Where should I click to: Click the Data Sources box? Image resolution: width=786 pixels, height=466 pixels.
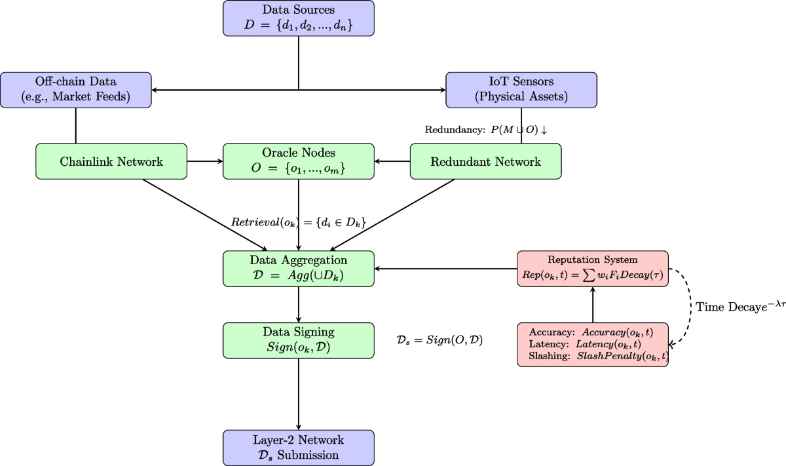[298, 18]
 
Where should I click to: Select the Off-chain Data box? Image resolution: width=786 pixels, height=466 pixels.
[75, 90]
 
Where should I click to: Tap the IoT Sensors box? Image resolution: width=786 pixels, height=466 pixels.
[521, 90]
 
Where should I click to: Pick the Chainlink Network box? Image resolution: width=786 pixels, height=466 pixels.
[111, 161]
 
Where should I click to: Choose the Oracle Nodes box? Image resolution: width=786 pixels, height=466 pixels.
[298, 161]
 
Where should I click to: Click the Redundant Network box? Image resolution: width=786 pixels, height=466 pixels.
[485, 161]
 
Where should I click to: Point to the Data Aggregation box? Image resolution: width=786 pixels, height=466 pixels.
[298, 268]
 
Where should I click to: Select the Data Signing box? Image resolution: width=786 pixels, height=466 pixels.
[298, 340]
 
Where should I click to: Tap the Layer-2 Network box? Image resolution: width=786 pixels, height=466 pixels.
[298, 448]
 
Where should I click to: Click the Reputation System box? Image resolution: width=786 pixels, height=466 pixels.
[592, 268]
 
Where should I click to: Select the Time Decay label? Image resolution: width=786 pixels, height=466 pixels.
[739, 306]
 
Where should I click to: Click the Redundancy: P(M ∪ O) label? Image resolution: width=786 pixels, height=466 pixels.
[485, 130]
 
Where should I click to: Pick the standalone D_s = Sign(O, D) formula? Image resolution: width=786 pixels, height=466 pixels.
[440, 340]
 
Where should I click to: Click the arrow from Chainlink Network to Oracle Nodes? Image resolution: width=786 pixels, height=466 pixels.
[205, 161]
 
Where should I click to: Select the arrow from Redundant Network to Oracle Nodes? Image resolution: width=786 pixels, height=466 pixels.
[392, 161]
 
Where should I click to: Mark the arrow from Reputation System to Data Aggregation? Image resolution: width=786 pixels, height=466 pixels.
[445, 268]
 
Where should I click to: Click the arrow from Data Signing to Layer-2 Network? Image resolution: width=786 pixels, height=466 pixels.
[299, 394]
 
